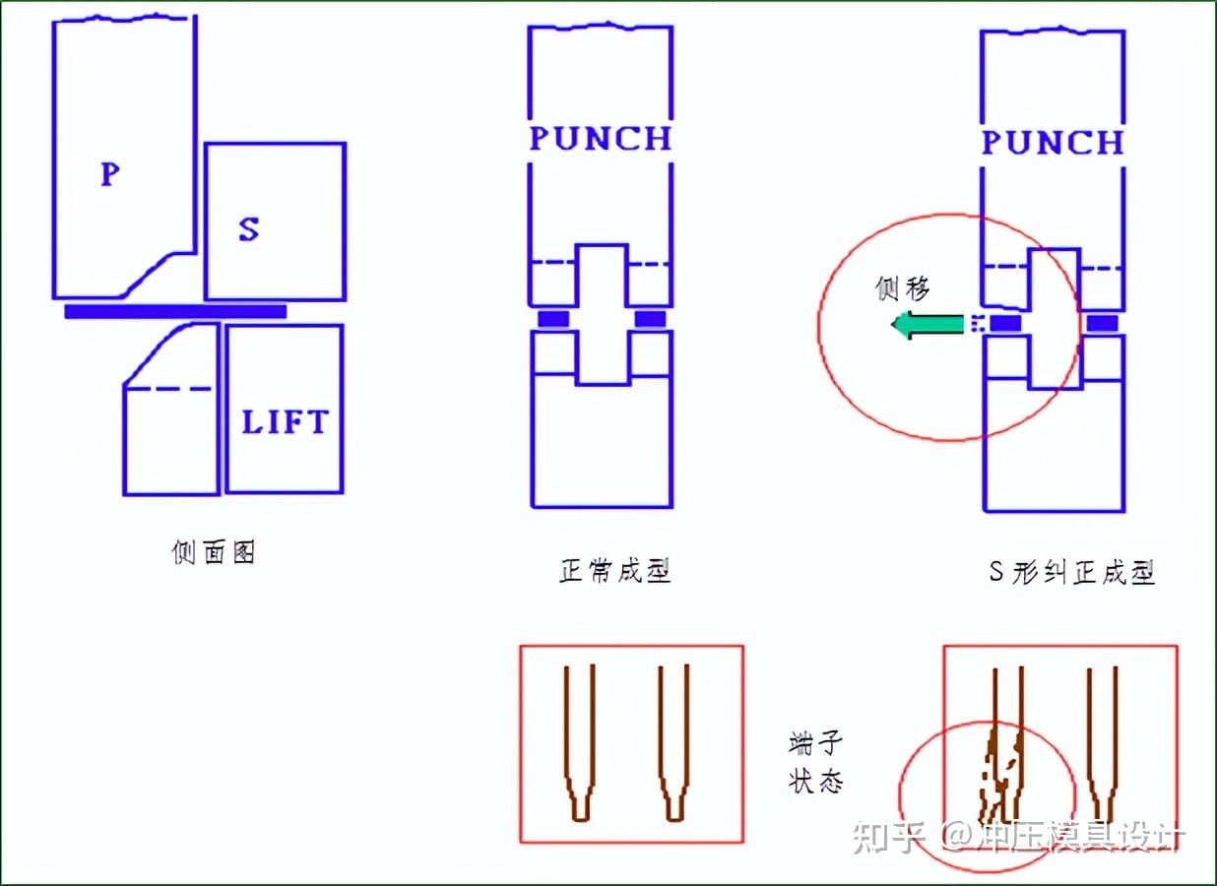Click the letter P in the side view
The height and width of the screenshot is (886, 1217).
(x=110, y=174)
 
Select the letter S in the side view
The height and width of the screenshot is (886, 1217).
(x=249, y=229)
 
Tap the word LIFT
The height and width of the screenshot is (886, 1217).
(x=285, y=422)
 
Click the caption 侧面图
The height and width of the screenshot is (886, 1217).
(x=214, y=552)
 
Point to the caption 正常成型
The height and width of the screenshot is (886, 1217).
(x=615, y=571)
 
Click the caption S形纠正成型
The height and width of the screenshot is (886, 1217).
(x=1071, y=572)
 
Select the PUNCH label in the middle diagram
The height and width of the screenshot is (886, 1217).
(x=601, y=139)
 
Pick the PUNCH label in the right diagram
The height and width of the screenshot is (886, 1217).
(x=1053, y=143)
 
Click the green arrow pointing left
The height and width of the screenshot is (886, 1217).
(x=927, y=325)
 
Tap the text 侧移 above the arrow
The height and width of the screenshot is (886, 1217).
(x=903, y=288)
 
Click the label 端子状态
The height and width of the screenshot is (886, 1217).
(x=816, y=763)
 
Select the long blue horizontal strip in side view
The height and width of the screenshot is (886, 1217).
(x=175, y=311)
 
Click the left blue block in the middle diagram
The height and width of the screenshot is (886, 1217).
(x=553, y=319)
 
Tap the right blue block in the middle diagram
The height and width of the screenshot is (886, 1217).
(x=650, y=319)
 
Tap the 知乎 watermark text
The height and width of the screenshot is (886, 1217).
(x=889, y=837)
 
